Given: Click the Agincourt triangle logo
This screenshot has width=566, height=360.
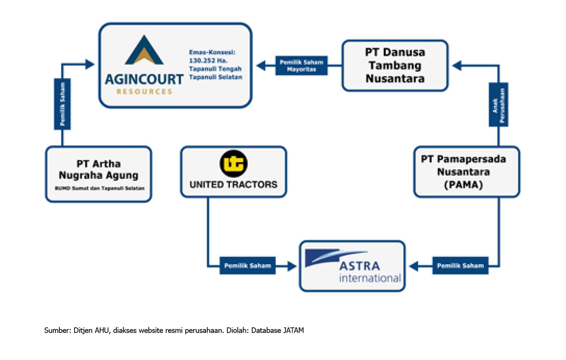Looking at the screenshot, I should pyautogui.click(x=144, y=50).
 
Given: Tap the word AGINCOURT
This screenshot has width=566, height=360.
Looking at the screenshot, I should pyautogui.click(x=144, y=79).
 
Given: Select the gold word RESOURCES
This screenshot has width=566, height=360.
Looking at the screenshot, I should pyautogui.click(x=144, y=92).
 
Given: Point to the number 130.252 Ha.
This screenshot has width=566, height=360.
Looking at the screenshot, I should pyautogui.click(x=208, y=60).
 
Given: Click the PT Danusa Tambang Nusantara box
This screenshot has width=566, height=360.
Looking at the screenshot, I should pyautogui.click(x=395, y=65).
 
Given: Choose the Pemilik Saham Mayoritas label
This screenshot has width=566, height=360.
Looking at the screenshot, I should pyautogui.click(x=301, y=65).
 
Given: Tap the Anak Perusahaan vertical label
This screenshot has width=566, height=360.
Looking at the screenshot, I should pyautogui.click(x=498, y=105).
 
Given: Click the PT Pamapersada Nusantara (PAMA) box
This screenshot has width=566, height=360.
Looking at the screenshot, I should pyautogui.click(x=467, y=172).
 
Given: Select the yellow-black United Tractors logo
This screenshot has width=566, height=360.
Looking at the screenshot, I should pyautogui.click(x=233, y=163).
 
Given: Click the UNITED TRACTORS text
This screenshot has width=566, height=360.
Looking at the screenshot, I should pyautogui.click(x=233, y=185).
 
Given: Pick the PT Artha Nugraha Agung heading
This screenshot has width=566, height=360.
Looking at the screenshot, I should pyautogui.click(x=98, y=169).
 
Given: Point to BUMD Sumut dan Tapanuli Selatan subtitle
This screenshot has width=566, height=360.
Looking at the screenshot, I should pyautogui.click(x=99, y=188).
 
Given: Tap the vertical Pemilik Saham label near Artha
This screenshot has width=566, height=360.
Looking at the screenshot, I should pyautogui.click(x=62, y=104).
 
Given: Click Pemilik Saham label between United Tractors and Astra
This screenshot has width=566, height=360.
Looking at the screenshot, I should pyautogui.click(x=247, y=266).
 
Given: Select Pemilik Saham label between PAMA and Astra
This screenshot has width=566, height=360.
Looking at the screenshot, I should pyautogui.click(x=460, y=266).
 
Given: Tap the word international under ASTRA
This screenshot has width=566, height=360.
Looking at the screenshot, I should pyautogui.click(x=370, y=278).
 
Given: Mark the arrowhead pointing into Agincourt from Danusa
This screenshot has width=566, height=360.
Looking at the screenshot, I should pyautogui.click(x=261, y=65).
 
